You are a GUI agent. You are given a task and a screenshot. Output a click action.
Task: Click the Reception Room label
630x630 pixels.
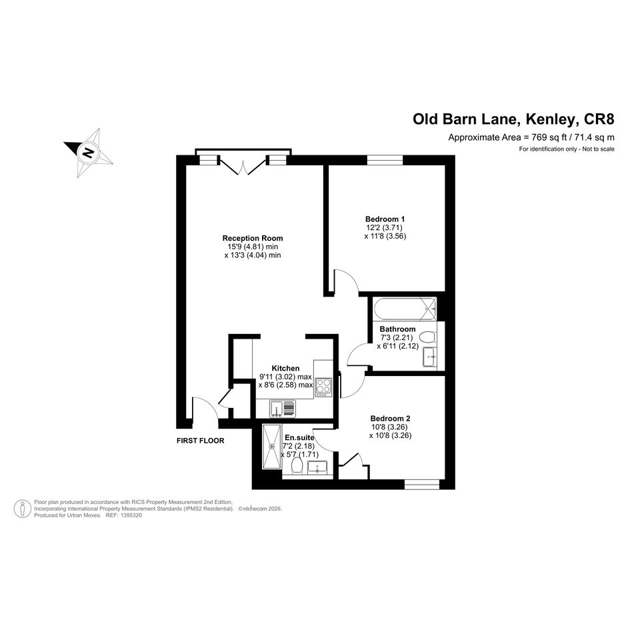252,238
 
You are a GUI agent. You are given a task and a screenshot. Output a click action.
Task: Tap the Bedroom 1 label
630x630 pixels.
385,219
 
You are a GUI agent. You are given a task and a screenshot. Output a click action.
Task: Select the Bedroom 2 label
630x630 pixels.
390,418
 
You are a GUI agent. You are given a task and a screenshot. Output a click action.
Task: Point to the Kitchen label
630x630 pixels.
285,368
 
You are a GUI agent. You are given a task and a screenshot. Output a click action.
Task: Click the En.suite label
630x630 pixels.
299,437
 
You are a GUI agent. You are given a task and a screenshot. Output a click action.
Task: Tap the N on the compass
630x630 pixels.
88,153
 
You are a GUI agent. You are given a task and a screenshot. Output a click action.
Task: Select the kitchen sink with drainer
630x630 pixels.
282,408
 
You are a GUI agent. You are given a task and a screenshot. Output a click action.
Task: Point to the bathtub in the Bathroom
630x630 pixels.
405,309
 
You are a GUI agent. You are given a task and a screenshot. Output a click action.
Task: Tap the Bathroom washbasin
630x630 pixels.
430,357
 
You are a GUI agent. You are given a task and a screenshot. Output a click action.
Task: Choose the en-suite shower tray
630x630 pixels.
272,446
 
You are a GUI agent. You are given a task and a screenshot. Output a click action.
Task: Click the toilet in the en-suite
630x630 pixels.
297,467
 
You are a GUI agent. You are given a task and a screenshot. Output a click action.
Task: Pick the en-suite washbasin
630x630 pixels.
318,468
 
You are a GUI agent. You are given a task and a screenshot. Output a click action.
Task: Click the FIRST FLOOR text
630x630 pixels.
200,441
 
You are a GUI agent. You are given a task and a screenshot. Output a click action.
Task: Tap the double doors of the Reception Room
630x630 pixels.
243,165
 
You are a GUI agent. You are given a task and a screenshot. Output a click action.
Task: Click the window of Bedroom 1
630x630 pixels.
385,160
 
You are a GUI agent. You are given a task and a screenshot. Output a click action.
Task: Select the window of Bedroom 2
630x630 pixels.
422,485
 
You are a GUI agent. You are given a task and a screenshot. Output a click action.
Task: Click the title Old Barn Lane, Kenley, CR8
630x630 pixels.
514,119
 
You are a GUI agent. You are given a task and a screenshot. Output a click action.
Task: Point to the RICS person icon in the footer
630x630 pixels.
23,509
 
